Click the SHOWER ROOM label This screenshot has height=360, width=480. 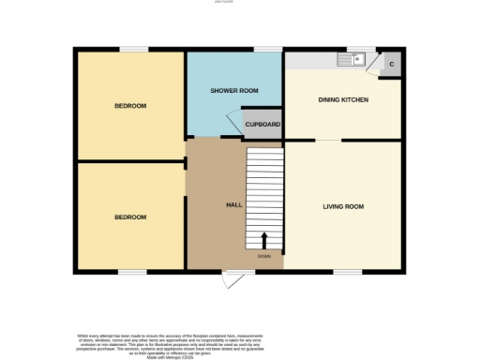[234, 91]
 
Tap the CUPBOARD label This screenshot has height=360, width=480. [262, 125]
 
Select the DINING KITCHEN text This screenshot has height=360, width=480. [343, 99]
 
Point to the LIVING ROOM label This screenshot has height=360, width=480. [343, 206]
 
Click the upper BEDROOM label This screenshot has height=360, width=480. [130, 106]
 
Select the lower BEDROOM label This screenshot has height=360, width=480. [130, 217]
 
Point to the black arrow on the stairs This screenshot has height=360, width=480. [263, 240]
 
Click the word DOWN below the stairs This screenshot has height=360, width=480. [263, 256]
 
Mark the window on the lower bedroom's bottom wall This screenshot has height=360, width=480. [132, 273]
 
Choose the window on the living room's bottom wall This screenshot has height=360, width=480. [348, 273]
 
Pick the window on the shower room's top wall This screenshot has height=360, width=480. [269, 49]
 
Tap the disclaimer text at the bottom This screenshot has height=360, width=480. [239, 344]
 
